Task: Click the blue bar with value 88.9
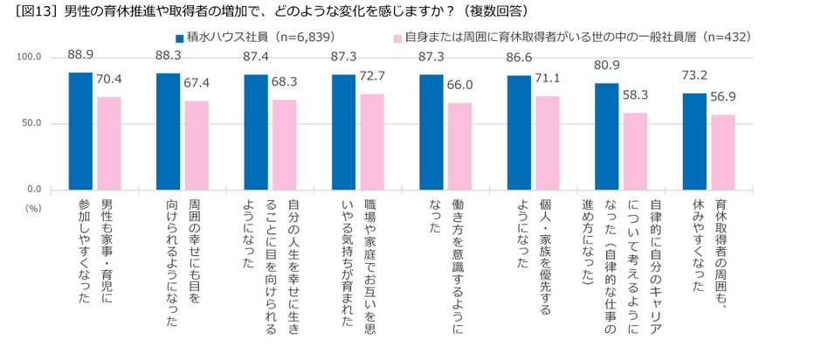(81, 131)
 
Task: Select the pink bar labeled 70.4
(109, 143)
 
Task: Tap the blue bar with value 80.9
(607, 136)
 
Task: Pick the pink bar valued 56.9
(722, 152)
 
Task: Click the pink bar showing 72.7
(372, 142)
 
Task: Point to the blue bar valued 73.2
(694, 142)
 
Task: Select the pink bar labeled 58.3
(635, 151)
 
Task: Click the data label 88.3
(169, 55)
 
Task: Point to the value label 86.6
(519, 55)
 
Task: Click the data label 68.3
(285, 81)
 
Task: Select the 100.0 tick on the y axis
(30, 58)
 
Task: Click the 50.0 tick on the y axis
(32, 123)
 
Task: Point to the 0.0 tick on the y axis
(35, 190)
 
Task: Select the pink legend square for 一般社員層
(397, 38)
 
